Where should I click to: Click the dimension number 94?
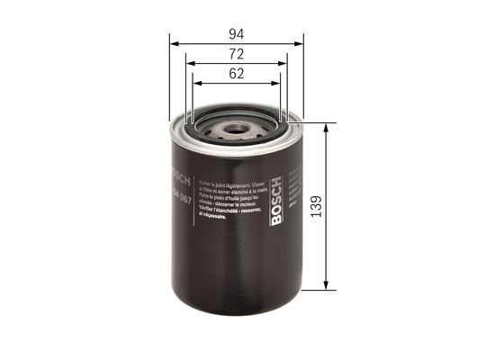click(x=237, y=33)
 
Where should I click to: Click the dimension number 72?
click(x=237, y=56)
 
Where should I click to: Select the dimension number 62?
click(x=237, y=75)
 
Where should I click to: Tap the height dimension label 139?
click(x=339, y=206)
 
